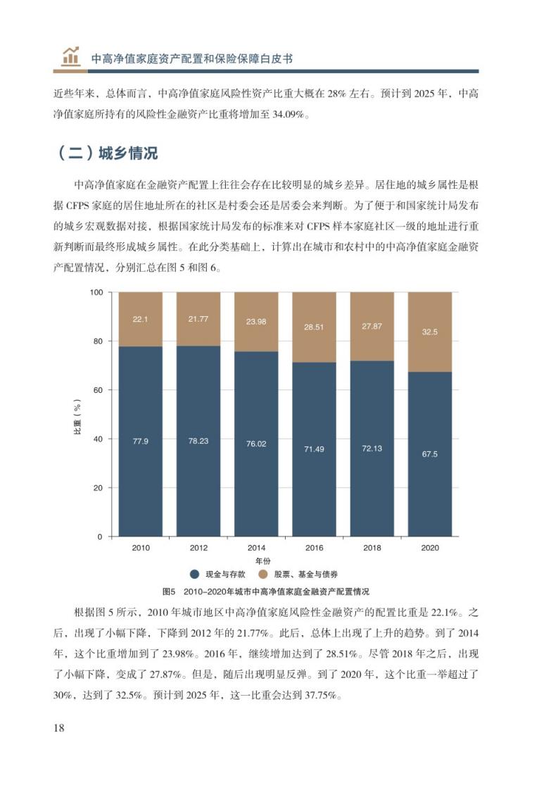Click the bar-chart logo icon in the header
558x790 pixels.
click(x=70, y=56)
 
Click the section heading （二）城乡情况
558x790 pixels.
click(x=106, y=153)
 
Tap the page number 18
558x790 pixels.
click(x=59, y=727)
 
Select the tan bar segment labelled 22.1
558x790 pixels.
click(x=141, y=320)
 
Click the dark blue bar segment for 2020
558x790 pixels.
click(x=429, y=454)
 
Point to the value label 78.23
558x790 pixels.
click(x=198, y=441)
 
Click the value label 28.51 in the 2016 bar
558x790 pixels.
click(x=314, y=327)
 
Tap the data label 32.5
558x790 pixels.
click(x=429, y=332)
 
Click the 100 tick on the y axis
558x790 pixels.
click(x=96, y=292)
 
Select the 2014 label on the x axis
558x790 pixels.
click(x=256, y=548)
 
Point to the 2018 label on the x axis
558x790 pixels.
click(x=372, y=548)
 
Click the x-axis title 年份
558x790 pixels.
click(x=263, y=560)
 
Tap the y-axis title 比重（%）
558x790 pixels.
click(x=77, y=416)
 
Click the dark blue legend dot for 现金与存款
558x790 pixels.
click(x=195, y=575)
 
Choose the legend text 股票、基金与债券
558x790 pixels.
click(x=305, y=575)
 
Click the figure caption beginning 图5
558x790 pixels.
click(x=266, y=591)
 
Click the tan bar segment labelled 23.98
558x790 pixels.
click(x=256, y=322)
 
